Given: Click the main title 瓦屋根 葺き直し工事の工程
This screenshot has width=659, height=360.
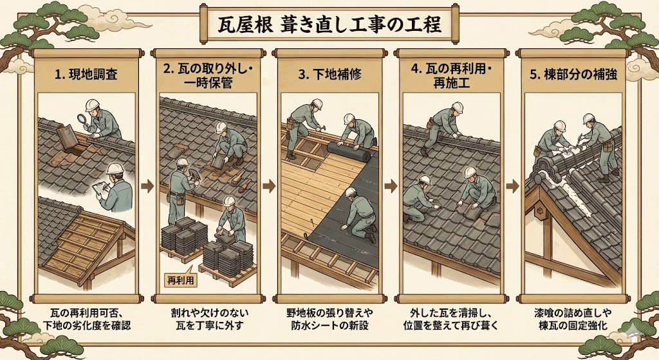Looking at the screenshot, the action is click(329, 25).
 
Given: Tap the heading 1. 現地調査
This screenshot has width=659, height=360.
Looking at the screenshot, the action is click(86, 75).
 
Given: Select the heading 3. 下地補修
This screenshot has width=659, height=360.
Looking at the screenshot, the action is click(329, 75).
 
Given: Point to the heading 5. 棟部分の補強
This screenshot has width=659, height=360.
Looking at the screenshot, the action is click(573, 75).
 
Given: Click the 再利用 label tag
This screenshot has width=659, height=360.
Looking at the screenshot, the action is click(180, 279).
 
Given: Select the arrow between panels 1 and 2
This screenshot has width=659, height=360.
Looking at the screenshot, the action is click(147, 186).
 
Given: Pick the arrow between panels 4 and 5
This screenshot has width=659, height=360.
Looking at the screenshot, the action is click(512, 186).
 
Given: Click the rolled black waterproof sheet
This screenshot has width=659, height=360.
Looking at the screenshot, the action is click(349, 152).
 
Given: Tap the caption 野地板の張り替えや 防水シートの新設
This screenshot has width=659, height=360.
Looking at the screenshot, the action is click(329, 319).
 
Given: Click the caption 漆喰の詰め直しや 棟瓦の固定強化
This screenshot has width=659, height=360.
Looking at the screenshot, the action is click(573, 319).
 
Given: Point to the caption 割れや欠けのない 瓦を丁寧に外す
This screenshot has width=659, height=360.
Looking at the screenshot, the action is click(209, 319).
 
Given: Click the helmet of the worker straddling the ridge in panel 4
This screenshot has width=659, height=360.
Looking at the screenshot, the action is click(457, 108).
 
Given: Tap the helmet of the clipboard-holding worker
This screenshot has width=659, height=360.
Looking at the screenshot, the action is click(115, 168).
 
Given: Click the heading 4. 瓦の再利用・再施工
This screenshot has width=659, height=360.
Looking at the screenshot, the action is click(451, 76).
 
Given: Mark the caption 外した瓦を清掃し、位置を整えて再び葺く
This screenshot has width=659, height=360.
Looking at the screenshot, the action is click(451, 319).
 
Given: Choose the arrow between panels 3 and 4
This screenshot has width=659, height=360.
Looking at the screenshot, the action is click(391, 186).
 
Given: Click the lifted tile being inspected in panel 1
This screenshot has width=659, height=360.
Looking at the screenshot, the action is click(67, 136).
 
